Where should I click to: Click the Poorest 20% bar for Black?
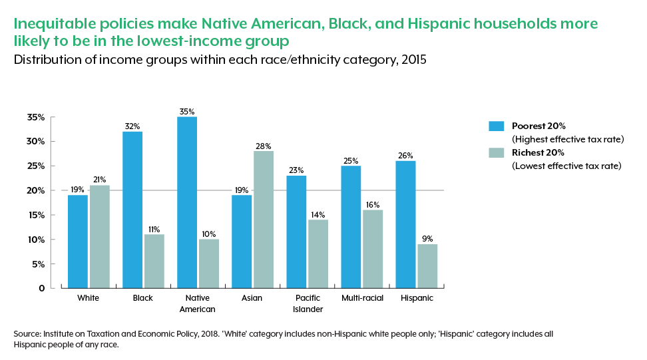(x=132, y=210)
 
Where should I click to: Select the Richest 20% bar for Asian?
(x=263, y=220)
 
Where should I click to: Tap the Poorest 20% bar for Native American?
(x=187, y=202)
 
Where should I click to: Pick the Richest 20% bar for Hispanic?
(x=427, y=266)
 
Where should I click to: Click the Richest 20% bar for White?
(x=99, y=237)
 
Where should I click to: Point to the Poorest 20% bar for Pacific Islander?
(x=296, y=232)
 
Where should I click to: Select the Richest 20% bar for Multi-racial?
(x=372, y=249)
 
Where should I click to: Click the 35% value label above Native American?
(x=187, y=111)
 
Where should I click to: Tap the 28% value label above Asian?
(x=263, y=146)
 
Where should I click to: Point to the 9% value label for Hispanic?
(x=427, y=239)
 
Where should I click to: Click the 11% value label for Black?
(x=154, y=229)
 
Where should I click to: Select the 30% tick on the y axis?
(x=37, y=142)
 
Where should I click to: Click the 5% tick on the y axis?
(x=39, y=264)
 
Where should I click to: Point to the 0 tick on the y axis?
(x=41, y=288)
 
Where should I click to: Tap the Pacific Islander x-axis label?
(x=307, y=303)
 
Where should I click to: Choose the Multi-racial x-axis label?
(x=361, y=298)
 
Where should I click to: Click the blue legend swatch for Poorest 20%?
(x=497, y=126)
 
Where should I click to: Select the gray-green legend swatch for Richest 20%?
(x=497, y=152)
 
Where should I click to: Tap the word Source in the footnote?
(x=25, y=333)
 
